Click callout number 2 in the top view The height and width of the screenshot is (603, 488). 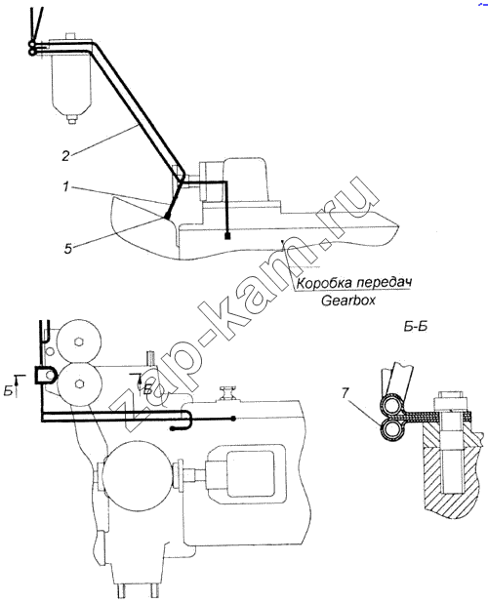(65, 156)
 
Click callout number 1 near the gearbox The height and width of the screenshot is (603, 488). (65, 187)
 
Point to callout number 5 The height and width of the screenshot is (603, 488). (68, 249)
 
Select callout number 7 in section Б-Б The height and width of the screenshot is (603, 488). (345, 393)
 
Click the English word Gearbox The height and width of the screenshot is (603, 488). (348, 301)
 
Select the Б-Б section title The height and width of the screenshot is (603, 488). (416, 327)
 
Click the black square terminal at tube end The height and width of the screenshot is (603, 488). (227, 235)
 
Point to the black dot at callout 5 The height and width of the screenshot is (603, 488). (168, 217)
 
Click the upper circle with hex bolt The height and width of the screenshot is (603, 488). (79, 342)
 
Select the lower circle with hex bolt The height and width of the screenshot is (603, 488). (80, 383)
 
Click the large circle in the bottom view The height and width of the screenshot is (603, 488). (138, 472)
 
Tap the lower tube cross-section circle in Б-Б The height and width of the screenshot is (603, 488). (389, 428)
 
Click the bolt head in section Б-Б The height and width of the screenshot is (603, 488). (452, 402)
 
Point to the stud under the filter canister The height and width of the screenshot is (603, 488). (70, 118)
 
